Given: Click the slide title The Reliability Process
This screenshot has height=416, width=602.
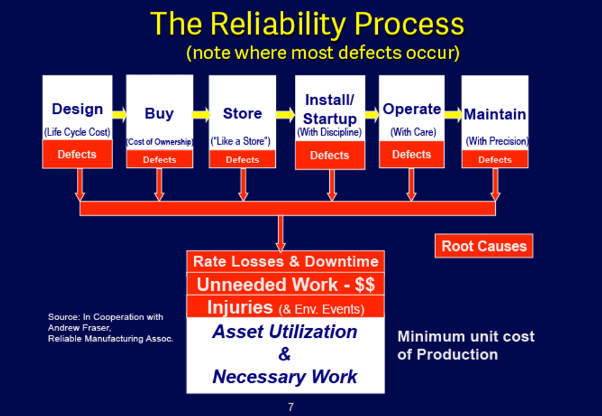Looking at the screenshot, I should [x=307, y=25].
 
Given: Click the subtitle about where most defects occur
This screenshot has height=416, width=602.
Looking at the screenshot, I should [x=322, y=53].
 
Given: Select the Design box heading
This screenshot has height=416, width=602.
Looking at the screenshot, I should [x=77, y=110].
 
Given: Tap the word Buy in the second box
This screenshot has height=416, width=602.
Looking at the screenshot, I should [x=159, y=114].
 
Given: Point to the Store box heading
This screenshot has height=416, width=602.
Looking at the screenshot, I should [x=242, y=114].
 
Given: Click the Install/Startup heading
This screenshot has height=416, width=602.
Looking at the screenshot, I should [x=330, y=109].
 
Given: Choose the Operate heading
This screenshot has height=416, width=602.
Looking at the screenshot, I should [x=412, y=109].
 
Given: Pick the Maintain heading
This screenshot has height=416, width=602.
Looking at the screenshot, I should [x=495, y=114].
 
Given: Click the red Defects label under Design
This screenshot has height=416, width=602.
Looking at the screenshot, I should [x=77, y=154].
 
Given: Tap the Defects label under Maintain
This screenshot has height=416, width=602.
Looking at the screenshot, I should [x=495, y=160].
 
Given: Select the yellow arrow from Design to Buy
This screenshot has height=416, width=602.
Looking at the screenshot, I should [x=119, y=114].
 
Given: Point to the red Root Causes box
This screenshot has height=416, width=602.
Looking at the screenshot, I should [x=484, y=246].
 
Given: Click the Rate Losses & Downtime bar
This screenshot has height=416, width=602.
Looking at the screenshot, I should [x=286, y=262].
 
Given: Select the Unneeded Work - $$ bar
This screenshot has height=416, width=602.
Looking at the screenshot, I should [x=286, y=284].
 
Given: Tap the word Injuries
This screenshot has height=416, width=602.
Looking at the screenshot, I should [x=240, y=306].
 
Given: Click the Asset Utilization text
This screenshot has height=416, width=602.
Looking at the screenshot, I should [x=284, y=332].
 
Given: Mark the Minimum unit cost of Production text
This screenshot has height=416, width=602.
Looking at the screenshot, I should [x=465, y=345].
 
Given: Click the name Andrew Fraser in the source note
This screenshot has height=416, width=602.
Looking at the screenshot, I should [x=71, y=328].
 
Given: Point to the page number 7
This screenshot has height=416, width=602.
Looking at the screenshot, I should [x=291, y=407].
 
